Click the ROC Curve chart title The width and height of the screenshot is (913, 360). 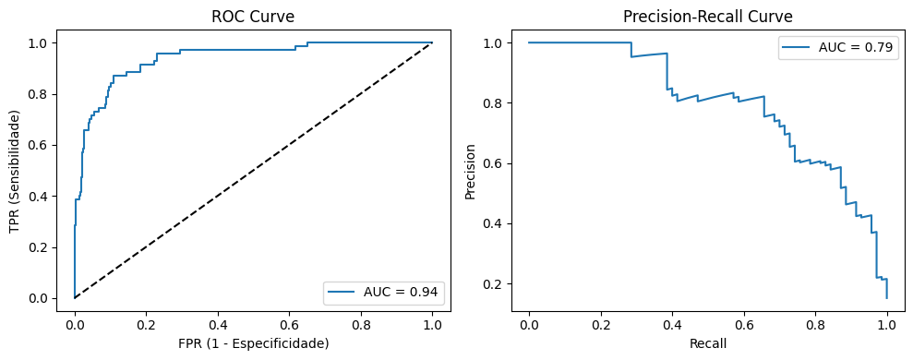(253, 17)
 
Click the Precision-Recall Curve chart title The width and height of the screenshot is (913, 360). (707, 17)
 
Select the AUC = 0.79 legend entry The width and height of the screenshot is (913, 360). (840, 49)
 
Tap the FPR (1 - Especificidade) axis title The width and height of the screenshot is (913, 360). (253, 343)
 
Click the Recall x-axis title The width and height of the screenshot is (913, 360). (707, 343)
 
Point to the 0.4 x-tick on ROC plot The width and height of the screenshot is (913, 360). (218, 324)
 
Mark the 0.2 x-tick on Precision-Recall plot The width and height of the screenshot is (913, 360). (600, 324)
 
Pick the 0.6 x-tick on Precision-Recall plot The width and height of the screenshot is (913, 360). (743, 324)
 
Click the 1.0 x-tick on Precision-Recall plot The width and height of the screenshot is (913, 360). (886, 324)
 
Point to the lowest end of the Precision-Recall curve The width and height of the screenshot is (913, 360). (886, 297)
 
